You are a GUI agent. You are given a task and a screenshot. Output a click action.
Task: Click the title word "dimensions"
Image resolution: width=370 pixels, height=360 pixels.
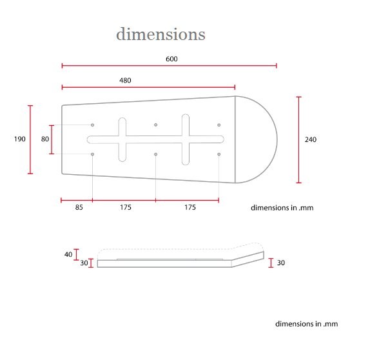pos(161,34)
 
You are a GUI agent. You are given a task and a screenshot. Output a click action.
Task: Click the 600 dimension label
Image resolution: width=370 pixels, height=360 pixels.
pos(171,59)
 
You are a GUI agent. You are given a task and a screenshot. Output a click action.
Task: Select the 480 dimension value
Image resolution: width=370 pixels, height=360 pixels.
pos(125,81)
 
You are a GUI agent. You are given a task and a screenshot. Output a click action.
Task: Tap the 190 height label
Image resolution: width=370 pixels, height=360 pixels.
pos(19,139)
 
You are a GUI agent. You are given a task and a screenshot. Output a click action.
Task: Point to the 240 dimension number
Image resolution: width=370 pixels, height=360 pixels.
pos(311,139)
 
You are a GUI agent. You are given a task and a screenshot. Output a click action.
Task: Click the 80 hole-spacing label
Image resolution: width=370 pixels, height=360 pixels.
pos(45,139)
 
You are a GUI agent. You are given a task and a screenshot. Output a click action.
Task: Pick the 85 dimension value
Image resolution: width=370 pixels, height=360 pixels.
pos(79,207)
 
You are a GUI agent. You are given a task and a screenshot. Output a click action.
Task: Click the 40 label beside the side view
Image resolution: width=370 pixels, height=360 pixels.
pos(68,254)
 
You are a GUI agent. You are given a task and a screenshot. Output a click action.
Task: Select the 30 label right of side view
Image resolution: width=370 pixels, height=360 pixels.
pos(281,263)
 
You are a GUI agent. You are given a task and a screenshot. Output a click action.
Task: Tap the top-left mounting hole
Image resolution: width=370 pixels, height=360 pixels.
pos(93,125)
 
